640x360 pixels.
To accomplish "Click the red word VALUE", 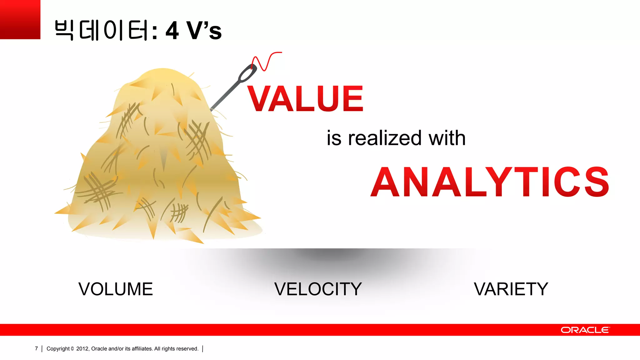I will point(305,99).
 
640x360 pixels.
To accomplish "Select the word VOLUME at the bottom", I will point(116,289).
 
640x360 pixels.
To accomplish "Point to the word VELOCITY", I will point(318,289).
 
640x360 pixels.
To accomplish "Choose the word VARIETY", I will point(511,289).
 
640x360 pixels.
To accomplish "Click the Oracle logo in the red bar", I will point(585,330).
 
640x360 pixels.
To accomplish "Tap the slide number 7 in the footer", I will point(36,349).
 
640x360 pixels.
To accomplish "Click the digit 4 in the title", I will point(172,31).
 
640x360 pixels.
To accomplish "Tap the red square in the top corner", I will point(20,19).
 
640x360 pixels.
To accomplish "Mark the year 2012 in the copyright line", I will point(82,349).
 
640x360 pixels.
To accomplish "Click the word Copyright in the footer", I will point(58,349).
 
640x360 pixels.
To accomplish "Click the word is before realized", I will point(334,138).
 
